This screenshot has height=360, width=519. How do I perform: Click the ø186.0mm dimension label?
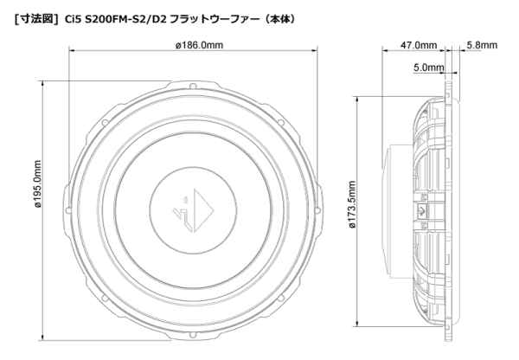coord(199,45)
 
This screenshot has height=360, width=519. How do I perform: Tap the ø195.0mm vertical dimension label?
coord(38,184)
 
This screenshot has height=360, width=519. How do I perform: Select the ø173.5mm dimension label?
coord(352,205)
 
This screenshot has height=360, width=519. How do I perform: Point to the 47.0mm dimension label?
coord(419,45)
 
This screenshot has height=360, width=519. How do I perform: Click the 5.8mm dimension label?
coord(482,45)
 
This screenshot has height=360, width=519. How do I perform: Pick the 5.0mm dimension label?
coord(429,67)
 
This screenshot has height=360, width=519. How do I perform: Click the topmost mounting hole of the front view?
coord(193,87)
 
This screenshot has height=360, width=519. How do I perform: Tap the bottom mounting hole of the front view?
coord(193,335)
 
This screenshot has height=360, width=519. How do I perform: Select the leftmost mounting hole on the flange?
coord(68,210)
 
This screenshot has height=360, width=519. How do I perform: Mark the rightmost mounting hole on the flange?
coord(317,210)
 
